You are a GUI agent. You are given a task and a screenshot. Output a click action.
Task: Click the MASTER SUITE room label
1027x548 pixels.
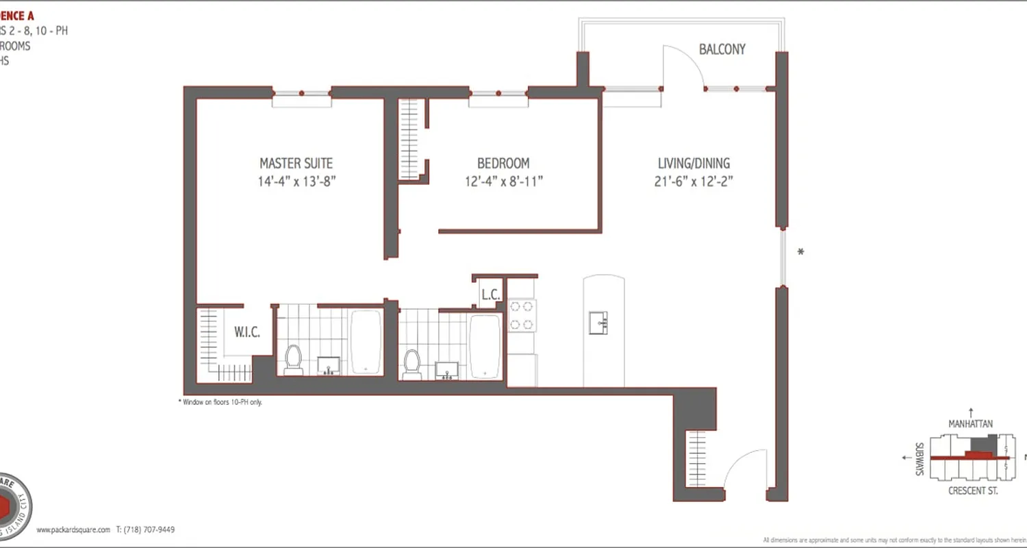pos(296,164)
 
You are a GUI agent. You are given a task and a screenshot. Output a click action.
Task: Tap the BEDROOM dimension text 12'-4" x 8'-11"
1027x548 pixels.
pos(503,182)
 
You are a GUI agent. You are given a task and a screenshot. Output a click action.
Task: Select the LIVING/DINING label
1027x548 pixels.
pos(694,164)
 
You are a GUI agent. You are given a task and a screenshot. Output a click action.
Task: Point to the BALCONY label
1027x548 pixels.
pos(722,49)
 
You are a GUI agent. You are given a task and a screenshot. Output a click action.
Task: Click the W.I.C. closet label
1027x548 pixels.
pos(246,333)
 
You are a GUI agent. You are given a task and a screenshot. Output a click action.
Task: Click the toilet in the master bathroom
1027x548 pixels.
pos(294,360)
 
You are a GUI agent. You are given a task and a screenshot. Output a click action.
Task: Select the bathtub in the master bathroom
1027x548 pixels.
pos(366,342)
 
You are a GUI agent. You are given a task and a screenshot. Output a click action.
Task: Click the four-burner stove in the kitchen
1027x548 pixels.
pos(522,315)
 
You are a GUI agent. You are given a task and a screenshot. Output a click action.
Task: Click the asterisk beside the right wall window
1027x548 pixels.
pos(800,252)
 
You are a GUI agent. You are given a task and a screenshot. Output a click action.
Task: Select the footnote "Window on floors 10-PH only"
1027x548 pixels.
pos(221,402)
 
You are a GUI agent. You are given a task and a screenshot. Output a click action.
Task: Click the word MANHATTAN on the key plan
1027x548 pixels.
pos(970,424)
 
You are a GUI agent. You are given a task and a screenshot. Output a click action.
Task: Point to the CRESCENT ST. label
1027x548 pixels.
pos(972,491)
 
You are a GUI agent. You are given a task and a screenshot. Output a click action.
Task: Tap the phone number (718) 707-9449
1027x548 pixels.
pos(145,530)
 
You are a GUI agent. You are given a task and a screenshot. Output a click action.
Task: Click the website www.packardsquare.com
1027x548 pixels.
pos(73,530)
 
